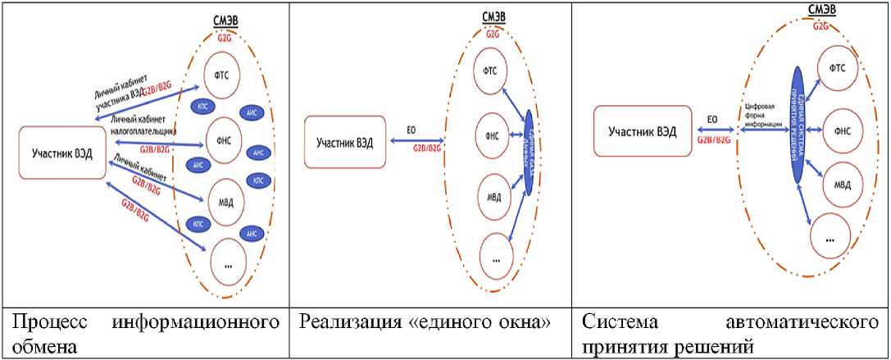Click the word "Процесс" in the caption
tap(39, 321)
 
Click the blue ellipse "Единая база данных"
tap(528, 152)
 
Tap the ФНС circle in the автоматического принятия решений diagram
tap(840, 130)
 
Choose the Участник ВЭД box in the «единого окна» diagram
tap(345, 142)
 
